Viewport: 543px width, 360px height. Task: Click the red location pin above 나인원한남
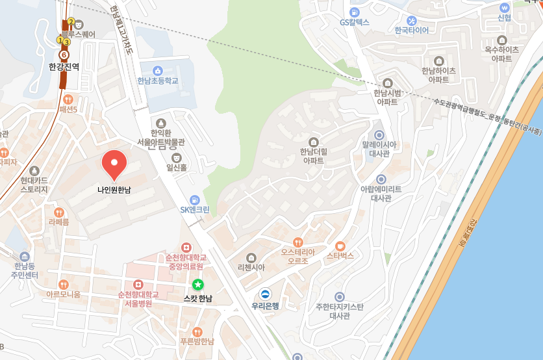[114, 163]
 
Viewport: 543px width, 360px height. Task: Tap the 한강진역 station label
[64, 66]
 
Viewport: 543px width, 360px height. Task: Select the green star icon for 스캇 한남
[198, 285]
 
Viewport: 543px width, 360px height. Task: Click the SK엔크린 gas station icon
[194, 199]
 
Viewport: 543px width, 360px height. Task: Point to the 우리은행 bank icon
[265, 294]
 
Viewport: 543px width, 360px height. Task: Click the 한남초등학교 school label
[157, 81]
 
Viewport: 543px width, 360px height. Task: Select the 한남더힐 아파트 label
[313, 155]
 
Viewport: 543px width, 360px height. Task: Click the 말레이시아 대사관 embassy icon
[379, 135]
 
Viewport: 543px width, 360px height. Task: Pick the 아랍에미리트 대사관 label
[381, 193]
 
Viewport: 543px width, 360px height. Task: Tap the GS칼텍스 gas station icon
[354, 12]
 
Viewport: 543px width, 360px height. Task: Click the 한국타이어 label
[411, 30]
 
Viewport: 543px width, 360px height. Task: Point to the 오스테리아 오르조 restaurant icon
[298, 242]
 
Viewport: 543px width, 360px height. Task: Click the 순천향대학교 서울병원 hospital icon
[138, 285]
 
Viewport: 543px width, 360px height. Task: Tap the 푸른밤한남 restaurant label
[197, 341]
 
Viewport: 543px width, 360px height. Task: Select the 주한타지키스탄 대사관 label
[339, 311]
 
